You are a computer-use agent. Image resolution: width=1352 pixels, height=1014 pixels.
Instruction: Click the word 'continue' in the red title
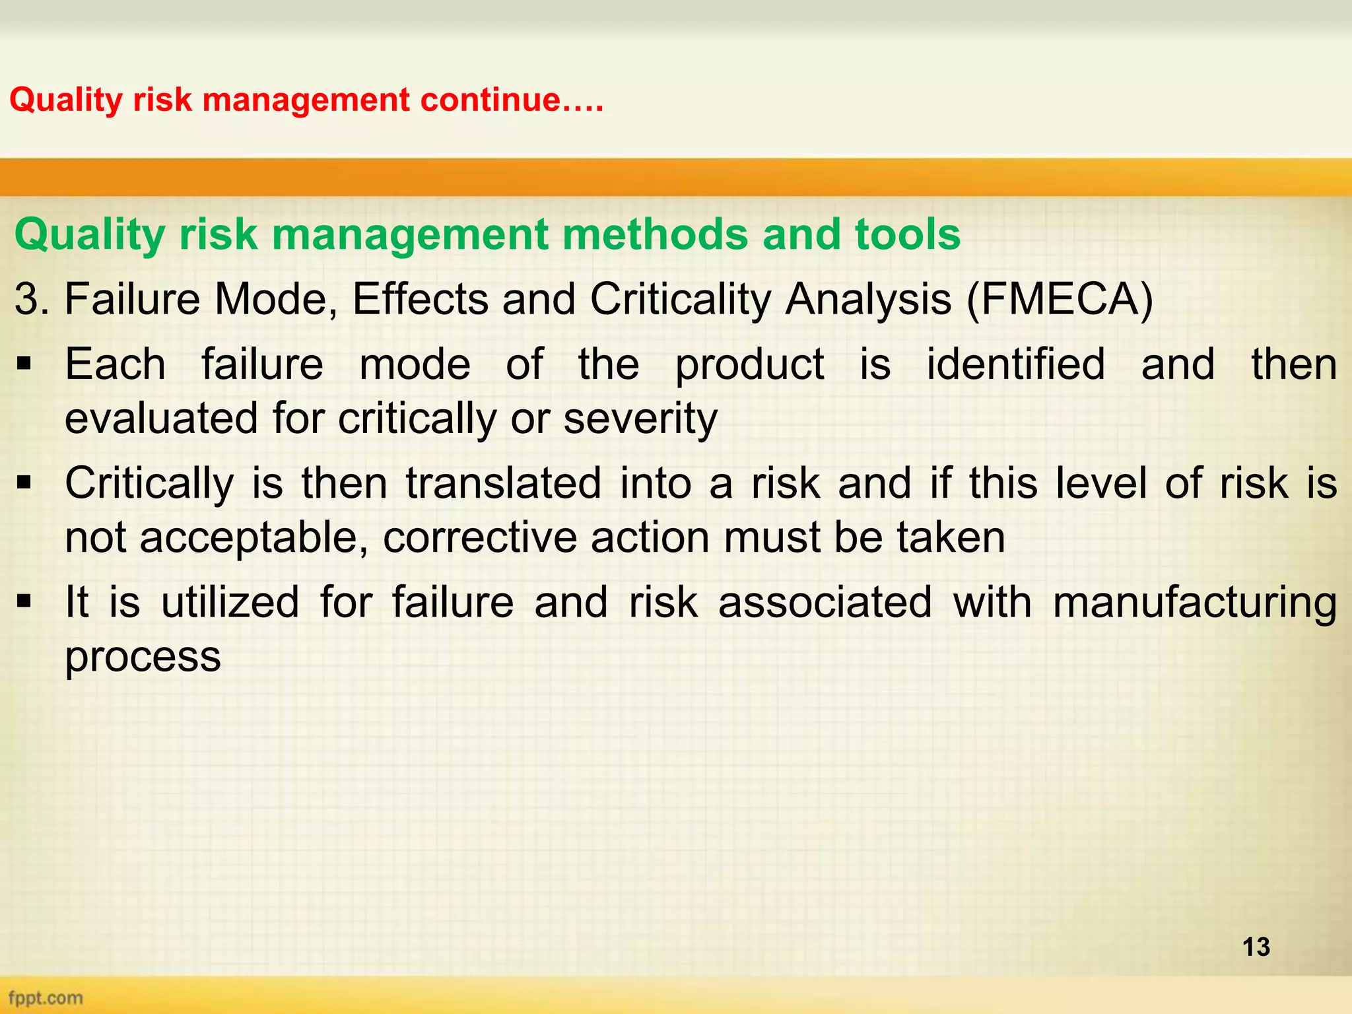coord(489,100)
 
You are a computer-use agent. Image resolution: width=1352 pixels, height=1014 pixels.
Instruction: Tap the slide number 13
coord(1256,947)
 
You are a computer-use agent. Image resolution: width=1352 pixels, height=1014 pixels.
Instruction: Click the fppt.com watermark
coord(46,997)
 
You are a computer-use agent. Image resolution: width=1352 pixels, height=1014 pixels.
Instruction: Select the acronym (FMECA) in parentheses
coord(1060,299)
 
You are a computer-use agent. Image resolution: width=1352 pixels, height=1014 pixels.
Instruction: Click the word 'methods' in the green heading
coord(656,234)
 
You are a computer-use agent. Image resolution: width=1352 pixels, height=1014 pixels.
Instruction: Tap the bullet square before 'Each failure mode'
coord(24,364)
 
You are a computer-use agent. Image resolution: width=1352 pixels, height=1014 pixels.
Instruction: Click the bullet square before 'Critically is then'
coord(24,483)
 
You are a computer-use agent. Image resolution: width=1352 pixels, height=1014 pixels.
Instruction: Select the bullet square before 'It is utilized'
coord(24,601)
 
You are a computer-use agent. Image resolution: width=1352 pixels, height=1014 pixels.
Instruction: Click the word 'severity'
coord(640,419)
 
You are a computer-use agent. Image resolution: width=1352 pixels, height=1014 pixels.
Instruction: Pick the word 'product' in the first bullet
coord(749,364)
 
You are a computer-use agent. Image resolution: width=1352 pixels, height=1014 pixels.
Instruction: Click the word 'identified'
coord(1015,364)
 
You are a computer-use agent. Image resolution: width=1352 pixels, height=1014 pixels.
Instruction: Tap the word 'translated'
coord(503,483)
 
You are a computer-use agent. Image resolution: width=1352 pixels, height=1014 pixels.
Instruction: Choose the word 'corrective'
coord(480,537)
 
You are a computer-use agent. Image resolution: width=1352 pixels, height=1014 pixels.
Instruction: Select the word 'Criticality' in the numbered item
coord(680,299)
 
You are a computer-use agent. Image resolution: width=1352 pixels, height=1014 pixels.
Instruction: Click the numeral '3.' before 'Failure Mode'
coord(32,299)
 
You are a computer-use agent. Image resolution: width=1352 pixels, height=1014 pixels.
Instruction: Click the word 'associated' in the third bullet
coord(825,602)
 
